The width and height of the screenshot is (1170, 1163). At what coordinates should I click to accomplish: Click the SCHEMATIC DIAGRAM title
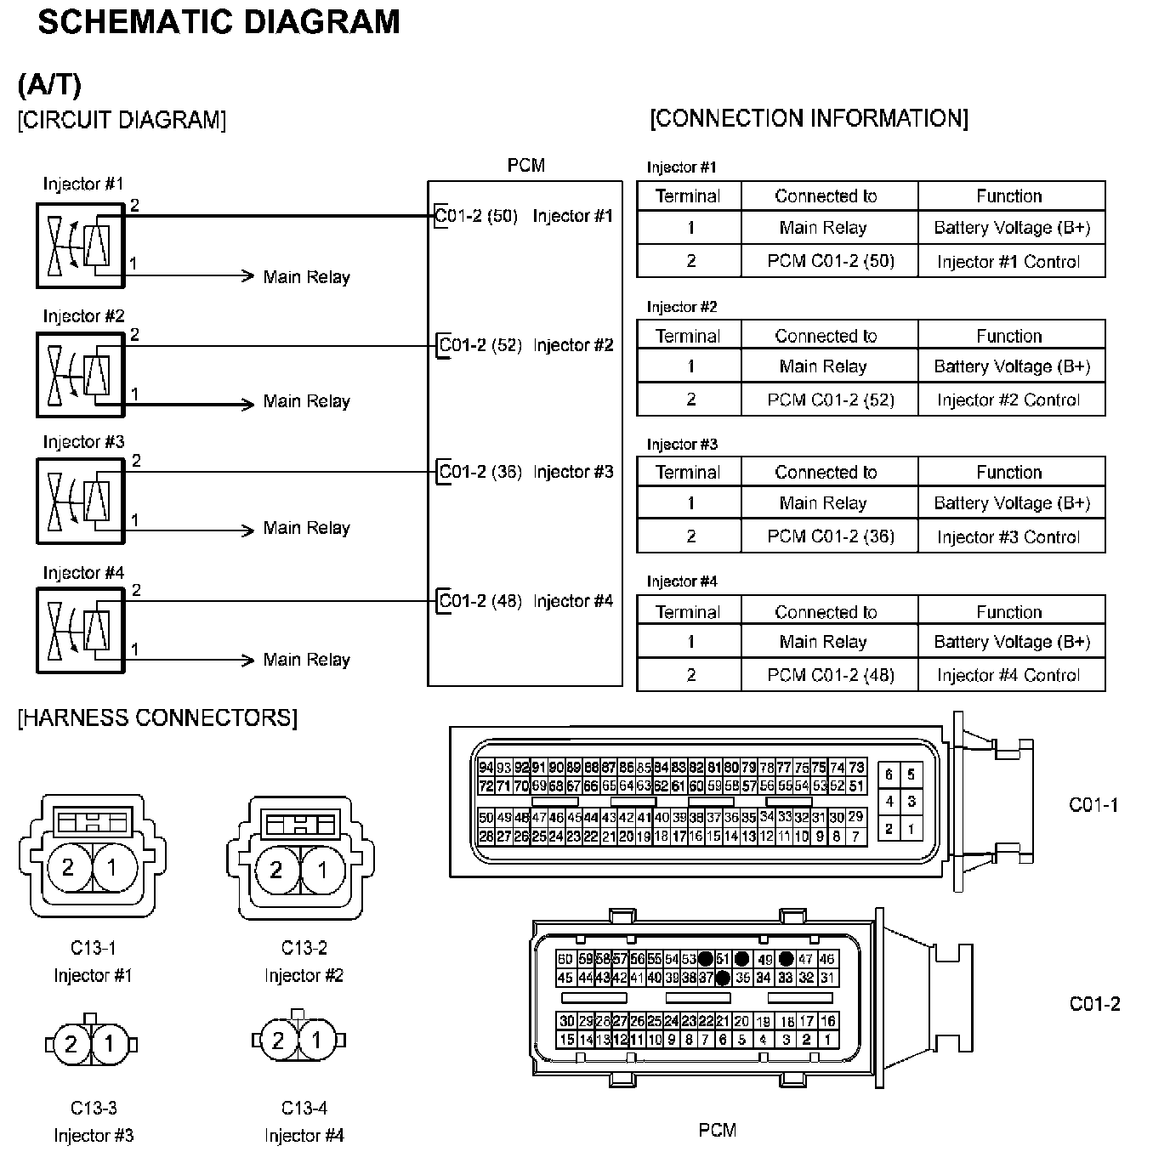coord(219,23)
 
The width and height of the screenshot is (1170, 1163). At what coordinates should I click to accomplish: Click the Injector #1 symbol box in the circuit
coord(81,245)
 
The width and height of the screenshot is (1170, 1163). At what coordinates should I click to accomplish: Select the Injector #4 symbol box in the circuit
coord(81,630)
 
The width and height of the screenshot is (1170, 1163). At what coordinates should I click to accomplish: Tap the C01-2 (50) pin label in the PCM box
coord(476,216)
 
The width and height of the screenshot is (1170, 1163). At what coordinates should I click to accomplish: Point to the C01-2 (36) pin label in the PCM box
coord(480,472)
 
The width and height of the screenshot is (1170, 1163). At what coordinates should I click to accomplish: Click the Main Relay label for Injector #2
coord(306,401)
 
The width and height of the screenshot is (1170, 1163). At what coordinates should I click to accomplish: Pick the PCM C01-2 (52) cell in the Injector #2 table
coord(830,400)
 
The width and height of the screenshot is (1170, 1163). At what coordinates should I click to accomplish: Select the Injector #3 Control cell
coord(1008,537)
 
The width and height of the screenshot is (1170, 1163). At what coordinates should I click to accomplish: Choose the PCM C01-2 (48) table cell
coord(830,675)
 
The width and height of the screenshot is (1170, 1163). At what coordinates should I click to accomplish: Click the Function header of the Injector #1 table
coord(1009,196)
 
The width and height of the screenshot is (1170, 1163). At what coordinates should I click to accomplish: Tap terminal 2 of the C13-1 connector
coord(68,868)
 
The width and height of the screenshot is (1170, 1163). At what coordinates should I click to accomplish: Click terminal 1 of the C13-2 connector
coord(322,870)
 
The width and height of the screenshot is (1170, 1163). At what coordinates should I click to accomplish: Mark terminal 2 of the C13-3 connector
coord(71,1043)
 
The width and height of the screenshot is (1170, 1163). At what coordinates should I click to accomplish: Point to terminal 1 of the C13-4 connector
coord(316,1040)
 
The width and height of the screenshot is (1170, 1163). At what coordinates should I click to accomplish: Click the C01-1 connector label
coord(1093,804)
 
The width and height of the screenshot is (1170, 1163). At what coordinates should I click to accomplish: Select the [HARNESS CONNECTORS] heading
coord(157,718)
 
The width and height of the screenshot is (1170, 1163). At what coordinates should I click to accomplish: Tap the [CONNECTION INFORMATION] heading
coord(809,118)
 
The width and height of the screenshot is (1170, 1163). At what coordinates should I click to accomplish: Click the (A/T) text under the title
coord(49,84)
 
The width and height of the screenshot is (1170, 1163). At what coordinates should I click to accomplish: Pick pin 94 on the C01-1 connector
coord(486,768)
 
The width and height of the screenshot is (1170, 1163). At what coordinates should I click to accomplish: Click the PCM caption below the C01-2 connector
coord(717,1130)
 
